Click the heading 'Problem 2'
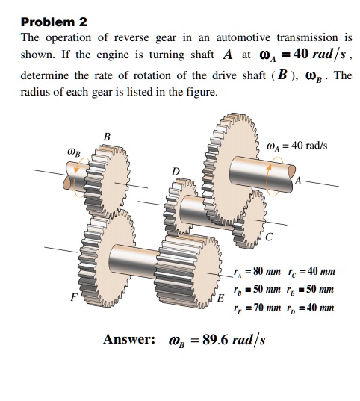[x=55, y=22]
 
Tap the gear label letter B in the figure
[x=107, y=137]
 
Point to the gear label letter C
[x=269, y=238]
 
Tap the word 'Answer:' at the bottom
[x=129, y=341]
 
